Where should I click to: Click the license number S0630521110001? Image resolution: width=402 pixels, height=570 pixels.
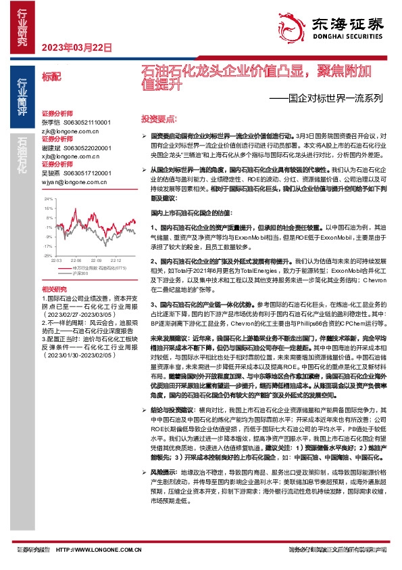(x=87, y=122)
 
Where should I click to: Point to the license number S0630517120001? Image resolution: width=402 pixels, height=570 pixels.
(x=87, y=173)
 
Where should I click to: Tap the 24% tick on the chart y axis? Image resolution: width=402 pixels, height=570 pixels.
(x=48, y=200)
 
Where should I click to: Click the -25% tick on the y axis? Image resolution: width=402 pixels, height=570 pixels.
(x=47, y=256)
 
